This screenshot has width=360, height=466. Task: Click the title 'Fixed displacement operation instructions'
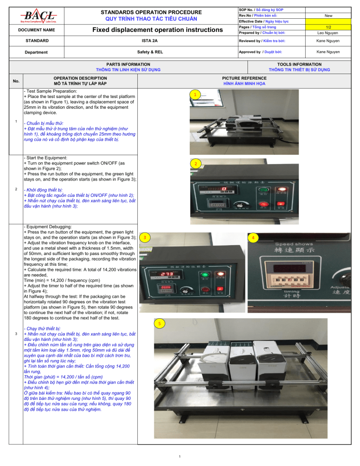[x=157, y=30]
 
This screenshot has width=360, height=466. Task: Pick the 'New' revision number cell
[x=331, y=15]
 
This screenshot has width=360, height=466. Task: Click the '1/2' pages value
[x=331, y=27]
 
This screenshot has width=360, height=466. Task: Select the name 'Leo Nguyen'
[x=331, y=32]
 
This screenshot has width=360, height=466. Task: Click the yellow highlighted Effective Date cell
[x=331, y=21]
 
